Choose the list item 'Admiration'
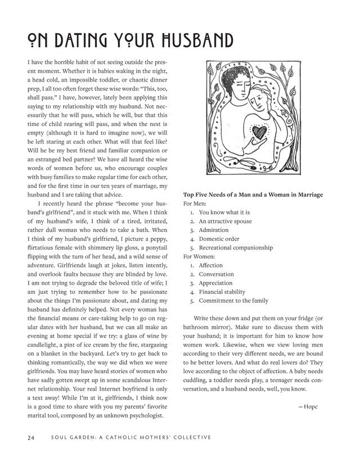click(x=214, y=230)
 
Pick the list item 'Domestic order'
click(x=219, y=239)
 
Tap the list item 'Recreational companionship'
click(x=236, y=248)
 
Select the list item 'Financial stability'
click(x=222, y=292)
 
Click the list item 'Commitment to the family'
click(x=233, y=301)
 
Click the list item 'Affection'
click(x=211, y=265)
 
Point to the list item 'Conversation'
click(x=216, y=274)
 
